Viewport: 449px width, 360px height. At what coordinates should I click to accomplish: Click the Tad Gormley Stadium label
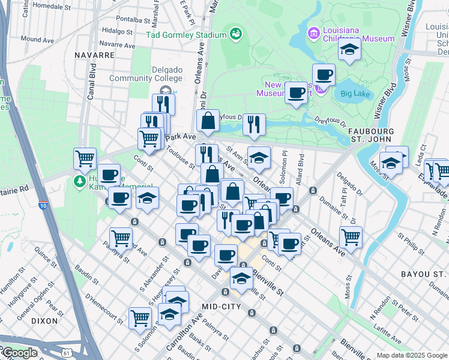pos(186,35)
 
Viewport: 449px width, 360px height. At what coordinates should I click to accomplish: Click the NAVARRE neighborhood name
pos(94,55)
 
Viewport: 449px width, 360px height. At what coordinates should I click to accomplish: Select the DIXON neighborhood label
pos(44,321)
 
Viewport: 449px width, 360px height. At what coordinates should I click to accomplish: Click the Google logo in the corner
pos(19,353)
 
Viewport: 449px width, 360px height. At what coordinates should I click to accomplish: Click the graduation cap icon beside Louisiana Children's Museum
pos(348,49)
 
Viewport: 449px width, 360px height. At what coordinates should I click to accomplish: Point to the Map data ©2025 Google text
pos(411,355)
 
